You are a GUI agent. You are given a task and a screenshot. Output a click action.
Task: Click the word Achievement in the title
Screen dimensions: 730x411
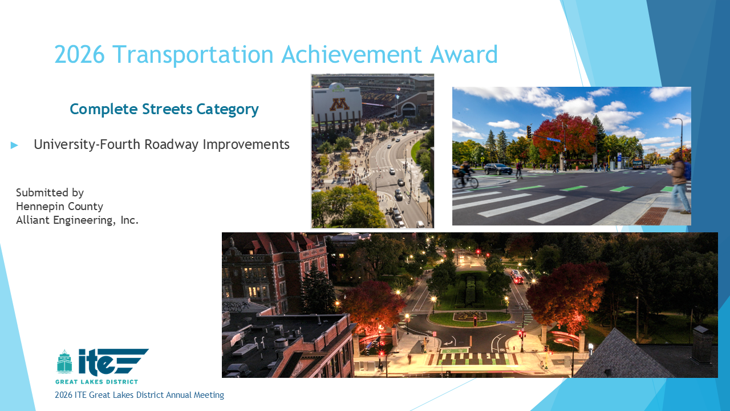pyautogui.click(x=351, y=54)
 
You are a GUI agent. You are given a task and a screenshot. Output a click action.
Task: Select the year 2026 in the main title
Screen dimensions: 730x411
pyautogui.click(x=79, y=54)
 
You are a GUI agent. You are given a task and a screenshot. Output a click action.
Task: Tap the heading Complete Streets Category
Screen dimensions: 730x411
pyautogui.click(x=164, y=109)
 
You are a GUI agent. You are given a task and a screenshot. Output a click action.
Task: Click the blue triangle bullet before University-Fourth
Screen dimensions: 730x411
pyautogui.click(x=14, y=145)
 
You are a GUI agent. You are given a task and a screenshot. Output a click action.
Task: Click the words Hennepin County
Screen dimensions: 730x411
pyautogui.click(x=60, y=207)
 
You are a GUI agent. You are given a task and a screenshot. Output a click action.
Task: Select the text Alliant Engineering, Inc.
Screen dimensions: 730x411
pyautogui.click(x=78, y=220)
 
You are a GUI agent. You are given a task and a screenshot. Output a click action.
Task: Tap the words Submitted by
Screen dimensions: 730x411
pyautogui.click(x=50, y=193)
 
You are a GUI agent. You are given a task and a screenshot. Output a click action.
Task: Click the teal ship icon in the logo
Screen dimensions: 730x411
pyautogui.click(x=64, y=361)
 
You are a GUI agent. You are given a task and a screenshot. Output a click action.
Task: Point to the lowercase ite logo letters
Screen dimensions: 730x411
pyautogui.click(x=96, y=361)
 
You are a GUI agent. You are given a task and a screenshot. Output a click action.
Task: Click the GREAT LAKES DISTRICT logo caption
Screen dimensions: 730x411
pyautogui.click(x=96, y=382)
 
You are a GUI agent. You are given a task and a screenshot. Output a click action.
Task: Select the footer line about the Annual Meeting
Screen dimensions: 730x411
pyautogui.click(x=140, y=395)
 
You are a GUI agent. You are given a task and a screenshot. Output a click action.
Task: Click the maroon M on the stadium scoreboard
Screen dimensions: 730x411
pyautogui.click(x=339, y=104)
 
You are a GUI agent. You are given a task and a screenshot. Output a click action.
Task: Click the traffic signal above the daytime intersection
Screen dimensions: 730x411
pyautogui.click(x=529, y=132)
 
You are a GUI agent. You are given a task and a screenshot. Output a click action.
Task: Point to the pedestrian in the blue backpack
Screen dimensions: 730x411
pyautogui.click(x=680, y=183)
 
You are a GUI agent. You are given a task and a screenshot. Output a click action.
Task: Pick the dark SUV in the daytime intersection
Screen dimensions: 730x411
pyautogui.click(x=498, y=169)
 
